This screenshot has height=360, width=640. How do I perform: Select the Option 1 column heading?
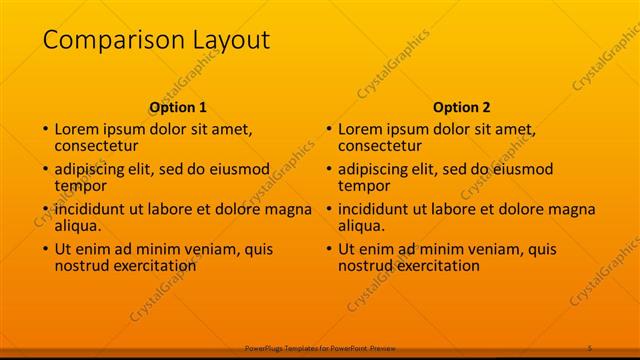point(178,107)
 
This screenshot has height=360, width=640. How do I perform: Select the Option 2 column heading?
point(462,107)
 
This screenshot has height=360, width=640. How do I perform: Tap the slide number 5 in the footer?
point(591,347)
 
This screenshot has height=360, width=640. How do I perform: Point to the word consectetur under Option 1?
point(95,146)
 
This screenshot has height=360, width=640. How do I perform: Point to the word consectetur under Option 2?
point(379,146)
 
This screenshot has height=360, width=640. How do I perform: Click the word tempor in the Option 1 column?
point(81,186)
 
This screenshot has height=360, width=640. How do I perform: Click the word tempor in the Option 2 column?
point(365,186)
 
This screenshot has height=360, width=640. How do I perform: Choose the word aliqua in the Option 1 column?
point(80,226)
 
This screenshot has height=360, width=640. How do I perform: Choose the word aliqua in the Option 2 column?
point(364,226)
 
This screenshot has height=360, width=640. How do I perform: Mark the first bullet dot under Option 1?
point(44,130)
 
